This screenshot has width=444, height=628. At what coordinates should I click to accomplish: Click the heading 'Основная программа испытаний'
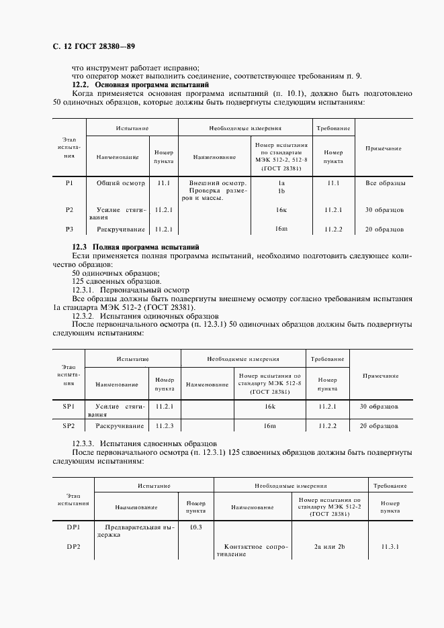coord(152,85)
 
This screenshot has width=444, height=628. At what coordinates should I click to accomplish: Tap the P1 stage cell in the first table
coord(69,182)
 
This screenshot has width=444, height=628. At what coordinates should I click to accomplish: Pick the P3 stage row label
coord(69,229)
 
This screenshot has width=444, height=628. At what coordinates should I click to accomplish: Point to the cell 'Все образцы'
coord(385,182)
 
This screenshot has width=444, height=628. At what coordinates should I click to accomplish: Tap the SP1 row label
coord(69,407)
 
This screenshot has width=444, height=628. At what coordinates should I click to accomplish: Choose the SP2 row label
coord(69,425)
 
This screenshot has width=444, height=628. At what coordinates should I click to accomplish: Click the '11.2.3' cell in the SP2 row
coord(164,425)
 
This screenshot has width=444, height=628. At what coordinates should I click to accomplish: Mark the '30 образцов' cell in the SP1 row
coord(380,407)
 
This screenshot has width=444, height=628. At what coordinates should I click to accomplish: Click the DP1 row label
coord(73,527)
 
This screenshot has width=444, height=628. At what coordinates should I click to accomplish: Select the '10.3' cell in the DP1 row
coord(195,527)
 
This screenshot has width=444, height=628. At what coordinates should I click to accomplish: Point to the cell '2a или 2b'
coord(329,547)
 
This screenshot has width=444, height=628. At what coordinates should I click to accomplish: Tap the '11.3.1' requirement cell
coord(390,547)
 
